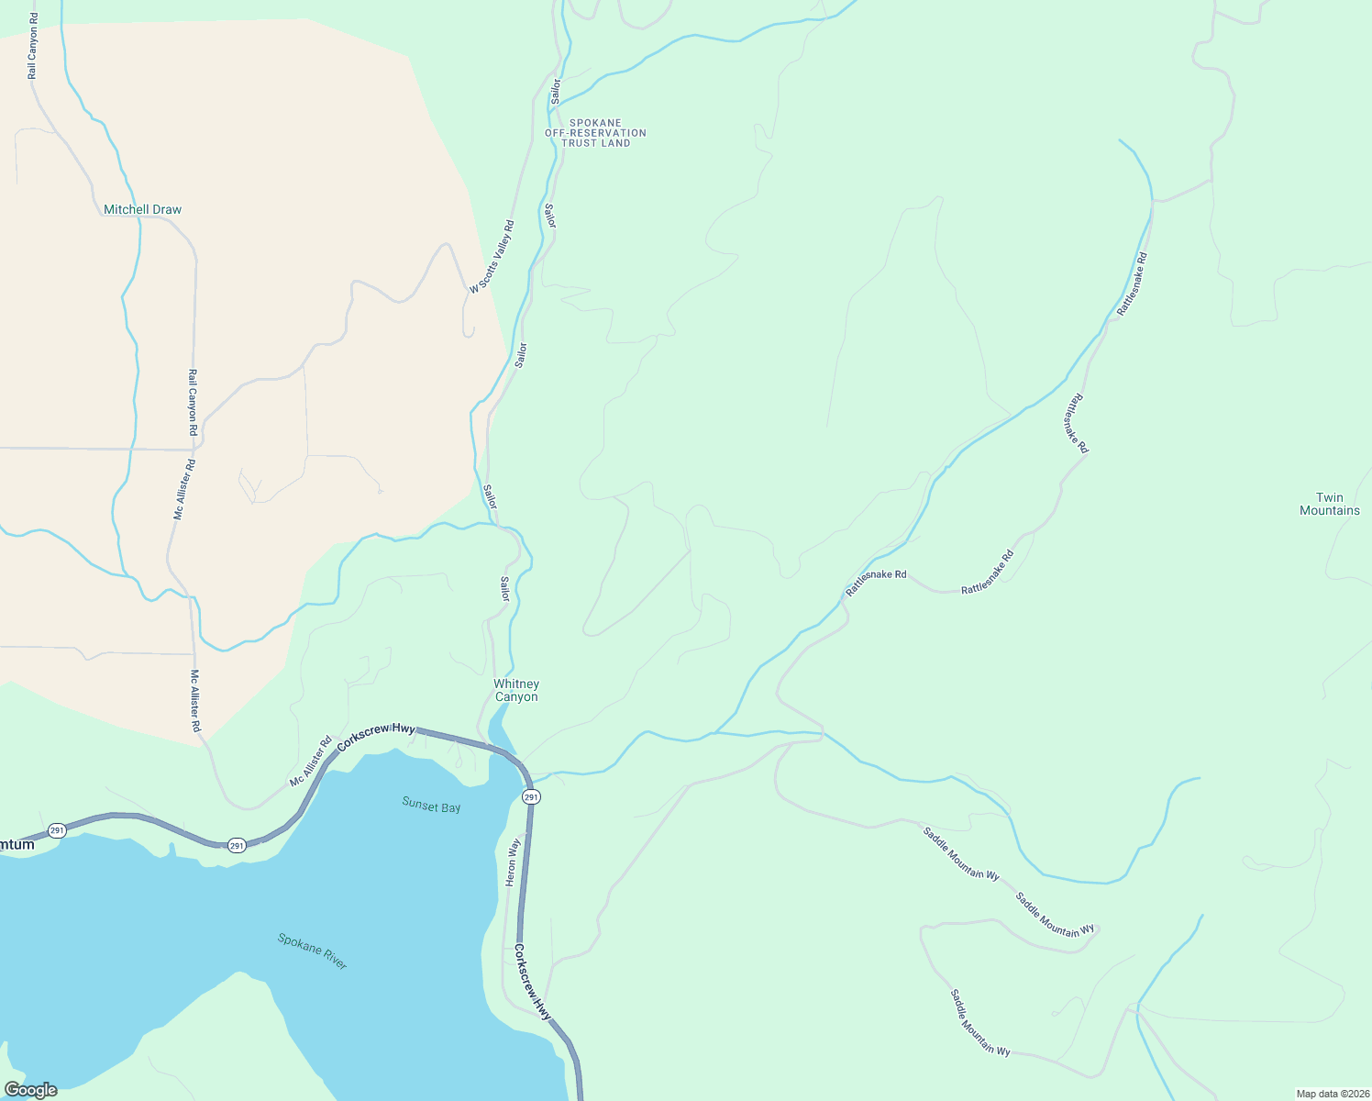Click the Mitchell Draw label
point(142,210)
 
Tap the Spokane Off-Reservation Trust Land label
point(595,133)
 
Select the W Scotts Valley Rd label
point(492,257)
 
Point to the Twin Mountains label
point(1329,505)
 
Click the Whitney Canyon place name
point(516,691)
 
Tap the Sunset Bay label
point(431,806)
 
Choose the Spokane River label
point(313,951)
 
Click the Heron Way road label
point(513,862)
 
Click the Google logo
point(30,1090)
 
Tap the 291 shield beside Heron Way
point(532,797)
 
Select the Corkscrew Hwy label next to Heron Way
point(533,983)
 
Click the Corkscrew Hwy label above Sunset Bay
point(376,737)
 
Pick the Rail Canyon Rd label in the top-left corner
point(32,46)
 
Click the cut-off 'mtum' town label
point(17,845)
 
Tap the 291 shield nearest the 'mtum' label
point(57,830)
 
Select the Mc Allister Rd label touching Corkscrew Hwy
point(310,762)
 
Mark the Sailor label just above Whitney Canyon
point(504,589)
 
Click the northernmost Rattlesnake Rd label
point(1132,284)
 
